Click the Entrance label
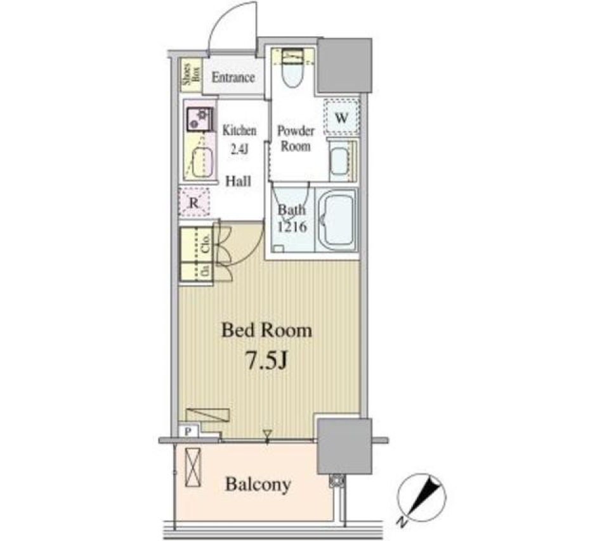233,78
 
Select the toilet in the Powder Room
293,72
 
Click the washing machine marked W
341,118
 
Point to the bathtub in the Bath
337,222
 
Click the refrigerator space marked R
194,203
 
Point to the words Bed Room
266,330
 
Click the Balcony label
259,485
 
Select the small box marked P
189,431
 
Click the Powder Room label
296,138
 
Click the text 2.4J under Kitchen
240,150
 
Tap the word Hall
239,181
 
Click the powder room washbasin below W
339,159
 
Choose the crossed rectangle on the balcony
193,467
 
